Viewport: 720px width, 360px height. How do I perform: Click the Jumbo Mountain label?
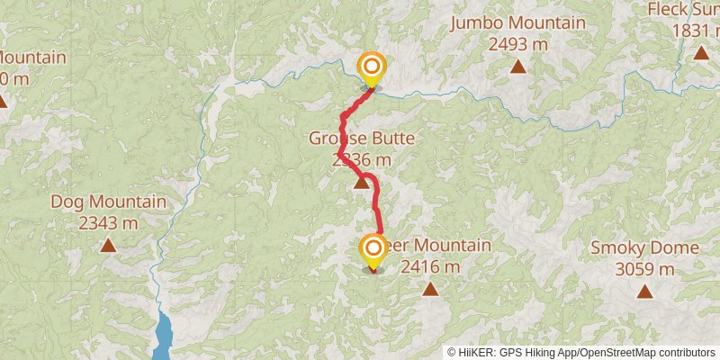tap(517, 23)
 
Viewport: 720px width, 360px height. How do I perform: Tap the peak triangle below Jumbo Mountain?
tap(517, 66)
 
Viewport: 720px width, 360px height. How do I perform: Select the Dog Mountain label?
tap(108, 202)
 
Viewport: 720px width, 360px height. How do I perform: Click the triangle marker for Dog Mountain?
tap(108, 245)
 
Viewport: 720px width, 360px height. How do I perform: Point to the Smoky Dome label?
tap(644, 248)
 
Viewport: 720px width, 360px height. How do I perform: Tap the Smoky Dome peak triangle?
tap(644, 291)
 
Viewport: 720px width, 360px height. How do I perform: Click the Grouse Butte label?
tap(362, 139)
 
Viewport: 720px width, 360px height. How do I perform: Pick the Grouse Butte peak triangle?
tap(361, 184)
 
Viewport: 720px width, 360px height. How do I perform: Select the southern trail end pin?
tap(373, 250)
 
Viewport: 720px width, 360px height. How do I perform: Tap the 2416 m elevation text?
tap(430, 266)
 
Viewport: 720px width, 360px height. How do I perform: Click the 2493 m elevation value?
tap(517, 42)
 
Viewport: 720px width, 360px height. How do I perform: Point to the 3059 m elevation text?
tap(644, 268)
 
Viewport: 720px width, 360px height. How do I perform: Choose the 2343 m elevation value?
tap(108, 222)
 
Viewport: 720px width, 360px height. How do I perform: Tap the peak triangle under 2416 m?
tap(430, 290)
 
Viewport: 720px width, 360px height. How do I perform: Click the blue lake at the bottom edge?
tap(164, 335)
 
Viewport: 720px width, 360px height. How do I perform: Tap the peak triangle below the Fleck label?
tap(701, 53)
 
